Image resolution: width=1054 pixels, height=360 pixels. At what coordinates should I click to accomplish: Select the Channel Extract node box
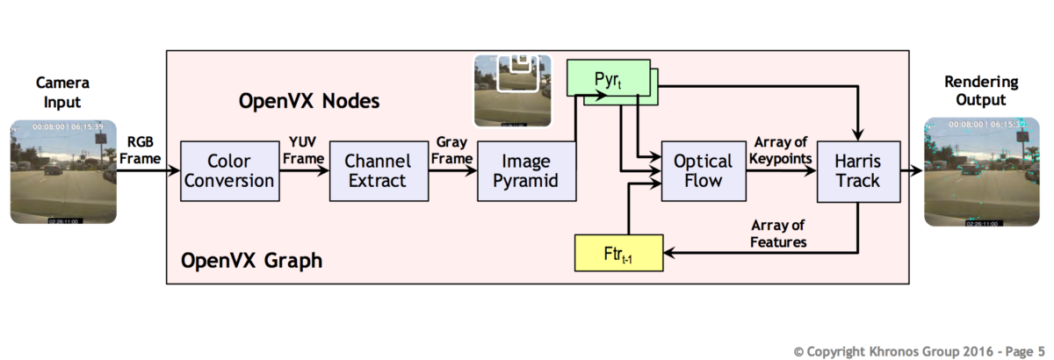point(376,171)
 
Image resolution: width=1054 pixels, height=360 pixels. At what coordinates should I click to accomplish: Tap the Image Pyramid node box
point(525,171)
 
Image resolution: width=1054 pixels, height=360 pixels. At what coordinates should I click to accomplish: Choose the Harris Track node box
point(857,171)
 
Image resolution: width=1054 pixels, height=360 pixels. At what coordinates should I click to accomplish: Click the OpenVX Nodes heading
point(308,102)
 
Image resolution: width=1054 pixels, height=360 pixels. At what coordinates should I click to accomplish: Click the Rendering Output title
point(981,91)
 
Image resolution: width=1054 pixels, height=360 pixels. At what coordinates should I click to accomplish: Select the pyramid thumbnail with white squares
point(512,91)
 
